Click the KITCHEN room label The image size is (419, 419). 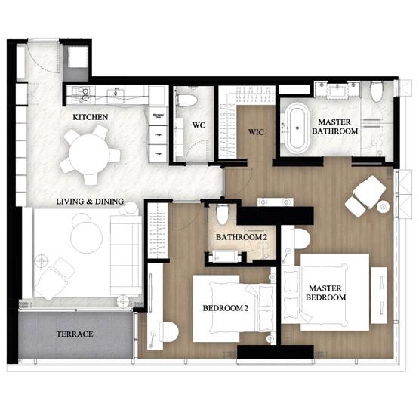(90, 118)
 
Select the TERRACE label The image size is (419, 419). (75, 333)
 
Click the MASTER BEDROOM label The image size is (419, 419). (326, 293)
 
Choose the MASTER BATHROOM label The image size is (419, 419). (337, 126)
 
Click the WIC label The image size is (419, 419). (257, 133)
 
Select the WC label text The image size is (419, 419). (199, 125)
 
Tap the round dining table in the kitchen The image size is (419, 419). (91, 155)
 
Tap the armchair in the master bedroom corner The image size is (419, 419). (363, 193)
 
